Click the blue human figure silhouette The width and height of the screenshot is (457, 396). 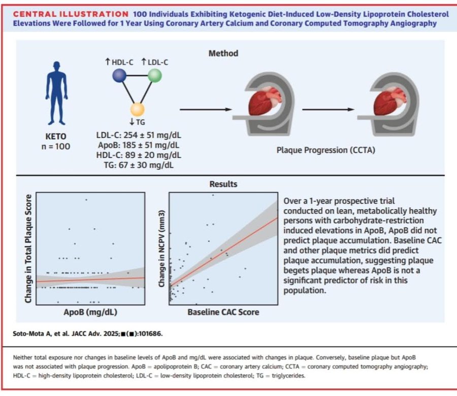click(x=56, y=93)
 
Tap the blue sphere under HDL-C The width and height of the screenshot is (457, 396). click(x=119, y=76)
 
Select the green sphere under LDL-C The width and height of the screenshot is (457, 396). click(x=154, y=76)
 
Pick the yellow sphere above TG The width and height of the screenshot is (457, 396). click(x=137, y=110)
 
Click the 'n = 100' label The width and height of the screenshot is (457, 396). click(x=56, y=146)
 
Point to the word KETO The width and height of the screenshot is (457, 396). click(x=56, y=136)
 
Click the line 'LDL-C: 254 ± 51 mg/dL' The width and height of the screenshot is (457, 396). click(x=139, y=135)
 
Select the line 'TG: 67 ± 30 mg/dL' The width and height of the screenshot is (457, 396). click(x=139, y=165)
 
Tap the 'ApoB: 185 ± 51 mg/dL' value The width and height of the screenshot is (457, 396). click(x=139, y=145)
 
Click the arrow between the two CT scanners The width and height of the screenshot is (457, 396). click(x=328, y=109)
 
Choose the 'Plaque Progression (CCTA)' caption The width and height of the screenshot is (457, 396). click(x=326, y=150)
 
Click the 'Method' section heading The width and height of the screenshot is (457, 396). click(x=223, y=53)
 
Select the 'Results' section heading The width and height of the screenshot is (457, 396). click(x=223, y=184)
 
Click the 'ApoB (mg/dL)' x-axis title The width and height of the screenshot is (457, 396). click(x=90, y=312)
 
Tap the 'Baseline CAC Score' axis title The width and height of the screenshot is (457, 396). click(x=223, y=312)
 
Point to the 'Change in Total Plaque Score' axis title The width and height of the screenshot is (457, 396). click(x=28, y=249)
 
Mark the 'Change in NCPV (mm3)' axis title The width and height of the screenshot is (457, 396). click(x=162, y=249)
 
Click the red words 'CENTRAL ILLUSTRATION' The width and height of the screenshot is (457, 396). click(x=71, y=14)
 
